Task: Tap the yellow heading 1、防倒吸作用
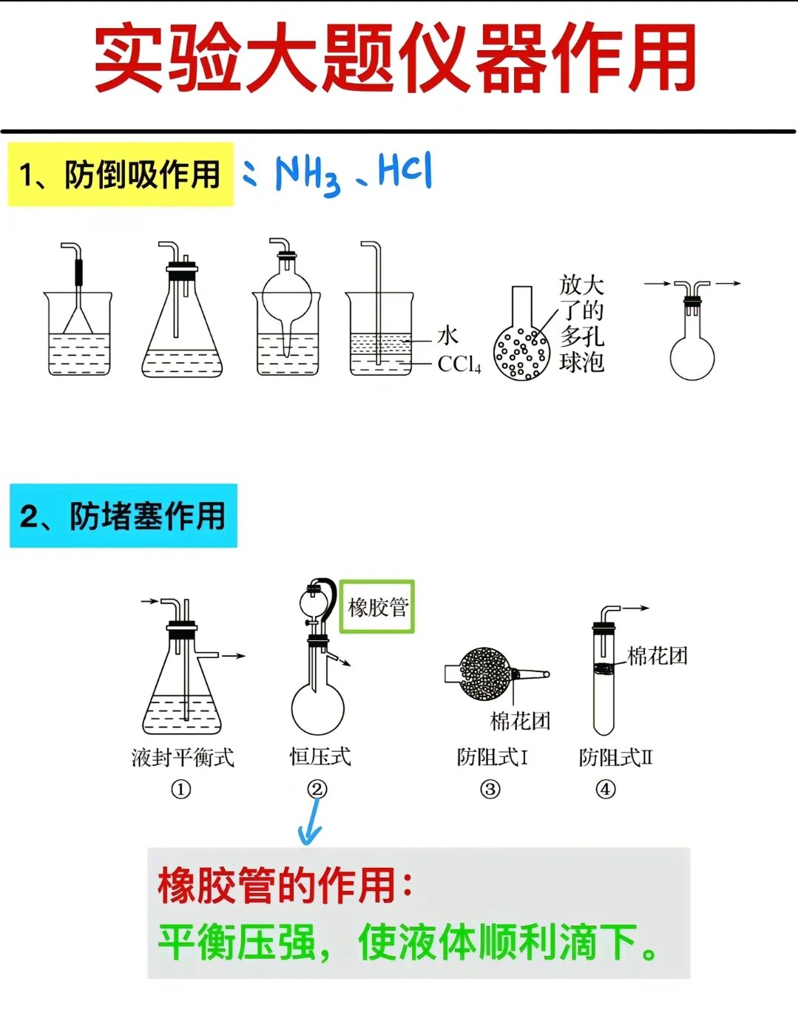121,175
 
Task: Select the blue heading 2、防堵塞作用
123,516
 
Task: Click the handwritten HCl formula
405,171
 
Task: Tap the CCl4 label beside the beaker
459,364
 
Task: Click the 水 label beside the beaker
447,336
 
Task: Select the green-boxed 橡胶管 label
377,607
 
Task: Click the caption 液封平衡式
183,757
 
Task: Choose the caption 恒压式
319,756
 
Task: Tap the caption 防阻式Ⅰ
492,757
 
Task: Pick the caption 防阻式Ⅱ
615,757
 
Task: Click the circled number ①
181,790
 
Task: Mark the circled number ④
606,790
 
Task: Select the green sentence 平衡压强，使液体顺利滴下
407,942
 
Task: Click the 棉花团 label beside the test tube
657,656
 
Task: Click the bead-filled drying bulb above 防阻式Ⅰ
485,673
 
